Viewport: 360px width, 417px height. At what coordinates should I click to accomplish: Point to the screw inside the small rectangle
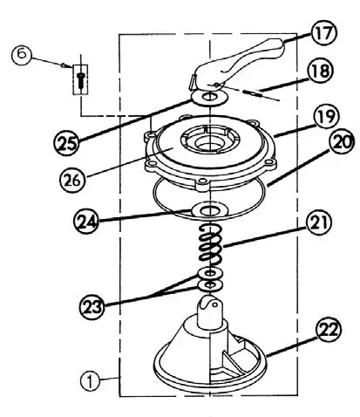pos(79,80)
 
